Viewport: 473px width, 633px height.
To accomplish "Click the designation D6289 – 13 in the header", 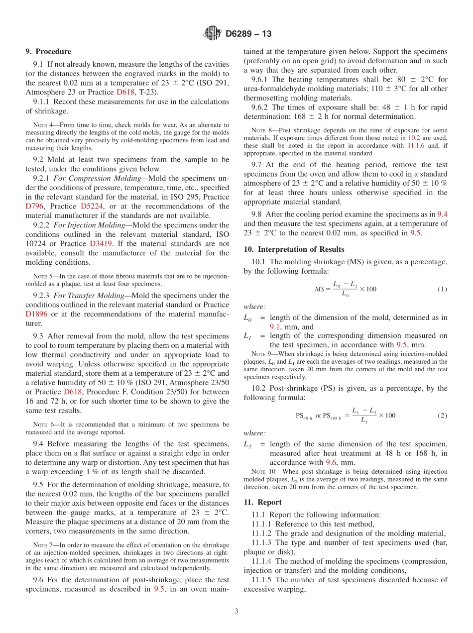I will [x=248, y=34].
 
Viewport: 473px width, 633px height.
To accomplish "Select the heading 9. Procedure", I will [x=48, y=51].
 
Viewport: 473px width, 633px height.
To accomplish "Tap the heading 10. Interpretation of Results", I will [x=294, y=249].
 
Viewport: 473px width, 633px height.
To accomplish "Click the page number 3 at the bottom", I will [x=236, y=611].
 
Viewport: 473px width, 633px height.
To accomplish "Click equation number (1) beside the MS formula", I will [x=442, y=289].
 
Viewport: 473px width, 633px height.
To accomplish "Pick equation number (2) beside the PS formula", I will [x=442, y=415].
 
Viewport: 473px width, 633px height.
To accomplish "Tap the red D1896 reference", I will [x=37, y=314].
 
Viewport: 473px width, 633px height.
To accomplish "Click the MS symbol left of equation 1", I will [x=319, y=289].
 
